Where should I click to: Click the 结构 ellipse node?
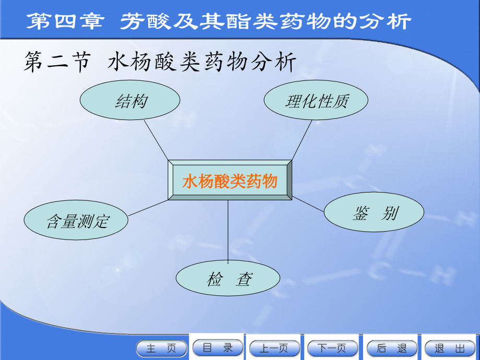pos(130,100)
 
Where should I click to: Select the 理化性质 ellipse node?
pos(316,100)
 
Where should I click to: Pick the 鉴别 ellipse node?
pos(374,213)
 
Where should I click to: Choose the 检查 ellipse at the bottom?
pos(228,279)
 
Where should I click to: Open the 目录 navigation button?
pos(218,348)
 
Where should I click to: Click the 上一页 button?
pos(275,349)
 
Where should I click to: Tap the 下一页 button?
pos(332,349)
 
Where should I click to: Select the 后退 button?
pos(392,349)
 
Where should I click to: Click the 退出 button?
pos(450,349)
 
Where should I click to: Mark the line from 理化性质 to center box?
pos(302,140)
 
